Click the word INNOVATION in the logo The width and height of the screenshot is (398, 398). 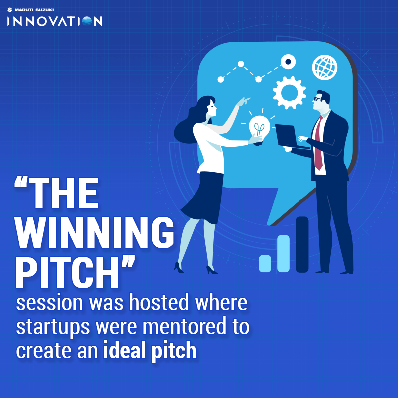[x=55, y=21]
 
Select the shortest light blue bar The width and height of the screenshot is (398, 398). [x=265, y=263]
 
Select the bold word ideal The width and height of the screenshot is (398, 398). [x=122, y=351]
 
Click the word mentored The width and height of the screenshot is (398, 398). [x=191, y=327]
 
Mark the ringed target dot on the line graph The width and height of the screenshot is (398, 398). [x=288, y=62]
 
